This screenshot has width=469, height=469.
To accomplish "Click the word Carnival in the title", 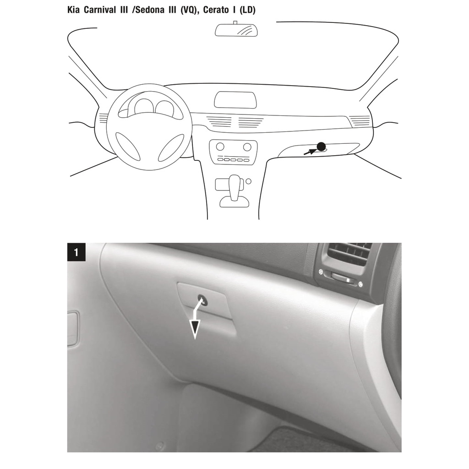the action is click(100, 10).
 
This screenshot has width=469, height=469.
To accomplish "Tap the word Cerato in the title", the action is click(216, 10).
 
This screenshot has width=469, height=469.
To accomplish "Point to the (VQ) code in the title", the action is click(189, 10).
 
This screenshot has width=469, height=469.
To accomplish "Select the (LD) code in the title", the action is click(247, 10).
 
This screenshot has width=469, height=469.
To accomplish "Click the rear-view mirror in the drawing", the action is click(236, 30).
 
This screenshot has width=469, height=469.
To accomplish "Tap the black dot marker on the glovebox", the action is click(321, 146).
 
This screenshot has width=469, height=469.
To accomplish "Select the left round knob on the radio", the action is click(220, 147).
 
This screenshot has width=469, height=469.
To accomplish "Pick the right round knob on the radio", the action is click(247, 147).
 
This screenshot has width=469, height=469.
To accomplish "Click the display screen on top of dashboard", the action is click(235, 100).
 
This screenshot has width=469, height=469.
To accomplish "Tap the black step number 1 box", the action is click(76, 252).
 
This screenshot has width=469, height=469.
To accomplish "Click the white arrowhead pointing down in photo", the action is click(195, 329).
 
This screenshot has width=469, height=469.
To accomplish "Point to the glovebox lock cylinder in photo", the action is click(202, 300).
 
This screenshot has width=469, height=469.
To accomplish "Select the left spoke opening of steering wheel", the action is click(128, 146).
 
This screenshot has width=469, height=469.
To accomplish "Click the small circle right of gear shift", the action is click(248, 181).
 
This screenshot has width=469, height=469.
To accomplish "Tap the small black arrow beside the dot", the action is click(310, 152).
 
